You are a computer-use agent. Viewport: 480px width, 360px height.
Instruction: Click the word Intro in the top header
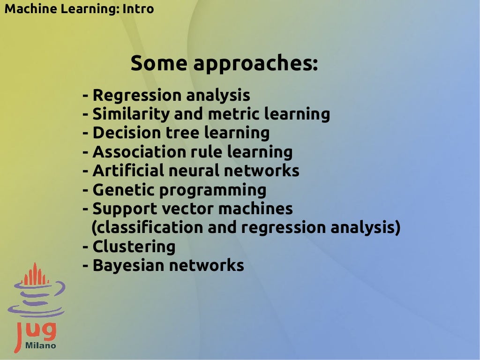138,8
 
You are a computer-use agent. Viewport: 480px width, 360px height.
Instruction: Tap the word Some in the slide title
159,63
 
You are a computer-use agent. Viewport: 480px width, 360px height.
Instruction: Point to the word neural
192,171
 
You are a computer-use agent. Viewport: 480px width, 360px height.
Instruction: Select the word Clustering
134,247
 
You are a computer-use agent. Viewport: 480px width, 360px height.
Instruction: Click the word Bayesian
128,266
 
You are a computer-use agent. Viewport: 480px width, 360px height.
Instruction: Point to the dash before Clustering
85,247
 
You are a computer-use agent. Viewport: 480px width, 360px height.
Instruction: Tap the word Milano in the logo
41,345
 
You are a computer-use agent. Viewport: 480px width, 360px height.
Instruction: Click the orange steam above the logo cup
36,276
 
